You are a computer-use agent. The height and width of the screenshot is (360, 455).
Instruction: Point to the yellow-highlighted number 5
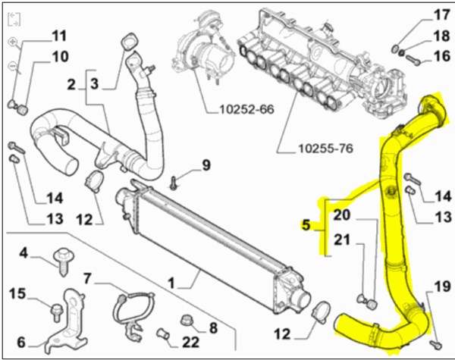tap(306, 224)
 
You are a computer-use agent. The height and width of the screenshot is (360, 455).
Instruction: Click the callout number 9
tap(205, 165)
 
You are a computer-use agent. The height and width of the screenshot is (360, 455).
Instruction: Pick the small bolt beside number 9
tap(175, 181)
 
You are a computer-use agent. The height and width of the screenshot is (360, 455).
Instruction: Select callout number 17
tap(441, 14)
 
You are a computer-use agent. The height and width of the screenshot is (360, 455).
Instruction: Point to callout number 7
tap(87, 277)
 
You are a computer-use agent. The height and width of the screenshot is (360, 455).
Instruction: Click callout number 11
tap(59, 35)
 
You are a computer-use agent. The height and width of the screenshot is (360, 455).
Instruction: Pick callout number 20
tap(342, 215)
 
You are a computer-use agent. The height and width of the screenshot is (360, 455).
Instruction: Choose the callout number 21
tap(342, 241)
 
